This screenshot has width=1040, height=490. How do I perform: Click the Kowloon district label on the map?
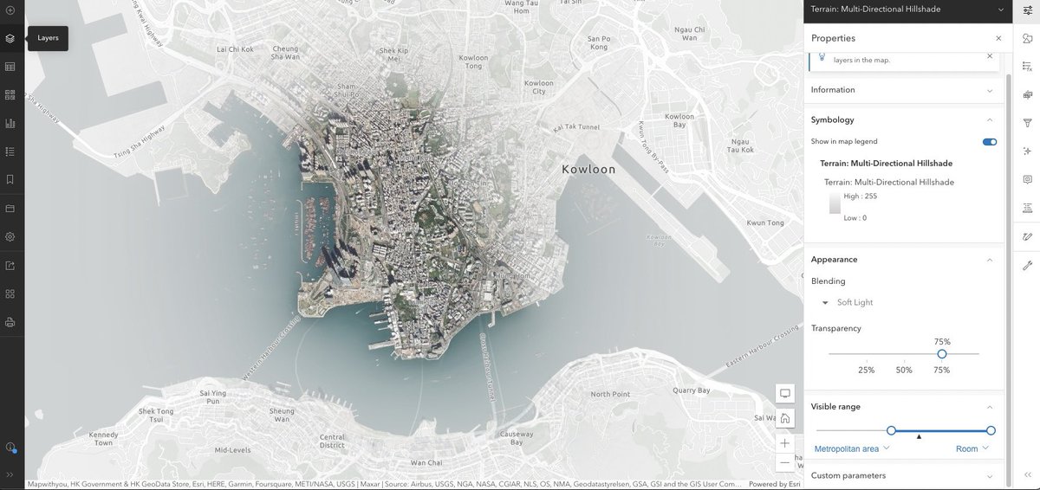(588, 170)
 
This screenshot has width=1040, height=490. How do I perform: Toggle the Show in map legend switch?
(989, 142)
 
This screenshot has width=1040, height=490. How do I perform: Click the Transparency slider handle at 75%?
(942, 353)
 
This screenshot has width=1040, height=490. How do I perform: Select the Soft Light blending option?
(855, 302)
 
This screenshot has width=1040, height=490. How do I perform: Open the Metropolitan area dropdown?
(852, 448)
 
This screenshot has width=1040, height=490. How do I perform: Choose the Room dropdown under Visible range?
(972, 448)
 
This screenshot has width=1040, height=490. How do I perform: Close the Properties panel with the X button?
(998, 38)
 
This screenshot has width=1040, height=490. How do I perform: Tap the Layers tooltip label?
(48, 38)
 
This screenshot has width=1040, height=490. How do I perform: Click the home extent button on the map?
(785, 419)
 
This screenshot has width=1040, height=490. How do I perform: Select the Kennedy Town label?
(102, 438)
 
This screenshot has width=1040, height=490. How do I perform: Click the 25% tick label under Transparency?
(866, 370)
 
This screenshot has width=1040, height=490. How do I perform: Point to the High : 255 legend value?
(860, 197)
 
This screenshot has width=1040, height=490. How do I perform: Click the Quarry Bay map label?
(692, 390)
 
